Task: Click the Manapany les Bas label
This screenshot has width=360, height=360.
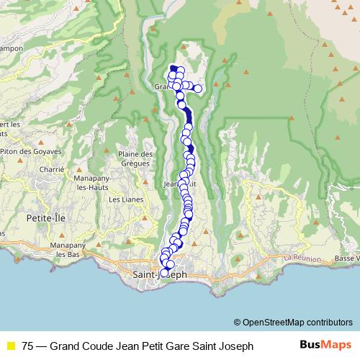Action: tap(63, 250)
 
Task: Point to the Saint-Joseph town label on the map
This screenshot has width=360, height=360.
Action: tap(161, 274)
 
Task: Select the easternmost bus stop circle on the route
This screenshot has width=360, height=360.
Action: tap(197, 89)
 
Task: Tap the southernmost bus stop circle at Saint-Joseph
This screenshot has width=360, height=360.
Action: tap(164, 273)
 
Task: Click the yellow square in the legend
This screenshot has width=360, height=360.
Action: tap(10, 346)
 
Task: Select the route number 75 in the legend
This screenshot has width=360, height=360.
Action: tap(28, 346)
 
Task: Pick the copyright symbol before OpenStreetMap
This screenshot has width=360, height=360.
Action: tap(237, 322)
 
